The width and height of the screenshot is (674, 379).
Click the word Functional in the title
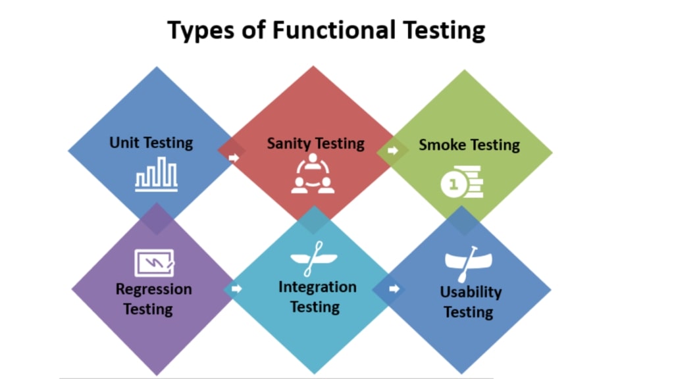tap(334, 30)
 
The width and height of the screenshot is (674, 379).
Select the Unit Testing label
tap(151, 143)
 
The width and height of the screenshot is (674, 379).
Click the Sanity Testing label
tap(315, 143)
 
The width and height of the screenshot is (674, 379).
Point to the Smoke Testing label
tap(469, 145)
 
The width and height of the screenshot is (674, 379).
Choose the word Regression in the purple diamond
tap(153, 290)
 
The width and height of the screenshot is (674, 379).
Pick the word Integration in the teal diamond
tap(317, 287)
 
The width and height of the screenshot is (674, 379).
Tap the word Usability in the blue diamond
tap(471, 292)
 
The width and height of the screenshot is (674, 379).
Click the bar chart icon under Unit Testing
tap(156, 174)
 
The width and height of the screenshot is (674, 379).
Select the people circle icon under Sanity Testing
tap(313, 174)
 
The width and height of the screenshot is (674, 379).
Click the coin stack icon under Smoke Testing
tap(462, 182)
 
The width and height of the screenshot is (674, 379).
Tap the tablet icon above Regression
tap(154, 263)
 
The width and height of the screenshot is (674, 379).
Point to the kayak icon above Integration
tap(314, 258)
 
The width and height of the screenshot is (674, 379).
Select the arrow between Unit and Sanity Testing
tap(234, 158)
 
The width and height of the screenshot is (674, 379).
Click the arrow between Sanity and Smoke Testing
tap(392, 151)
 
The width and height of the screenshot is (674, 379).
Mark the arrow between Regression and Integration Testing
tap(236, 288)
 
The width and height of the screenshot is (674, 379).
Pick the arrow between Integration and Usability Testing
tap(394, 288)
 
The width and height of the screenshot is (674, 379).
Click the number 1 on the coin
tap(453, 185)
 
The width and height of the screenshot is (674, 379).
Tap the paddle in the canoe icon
tap(468, 265)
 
